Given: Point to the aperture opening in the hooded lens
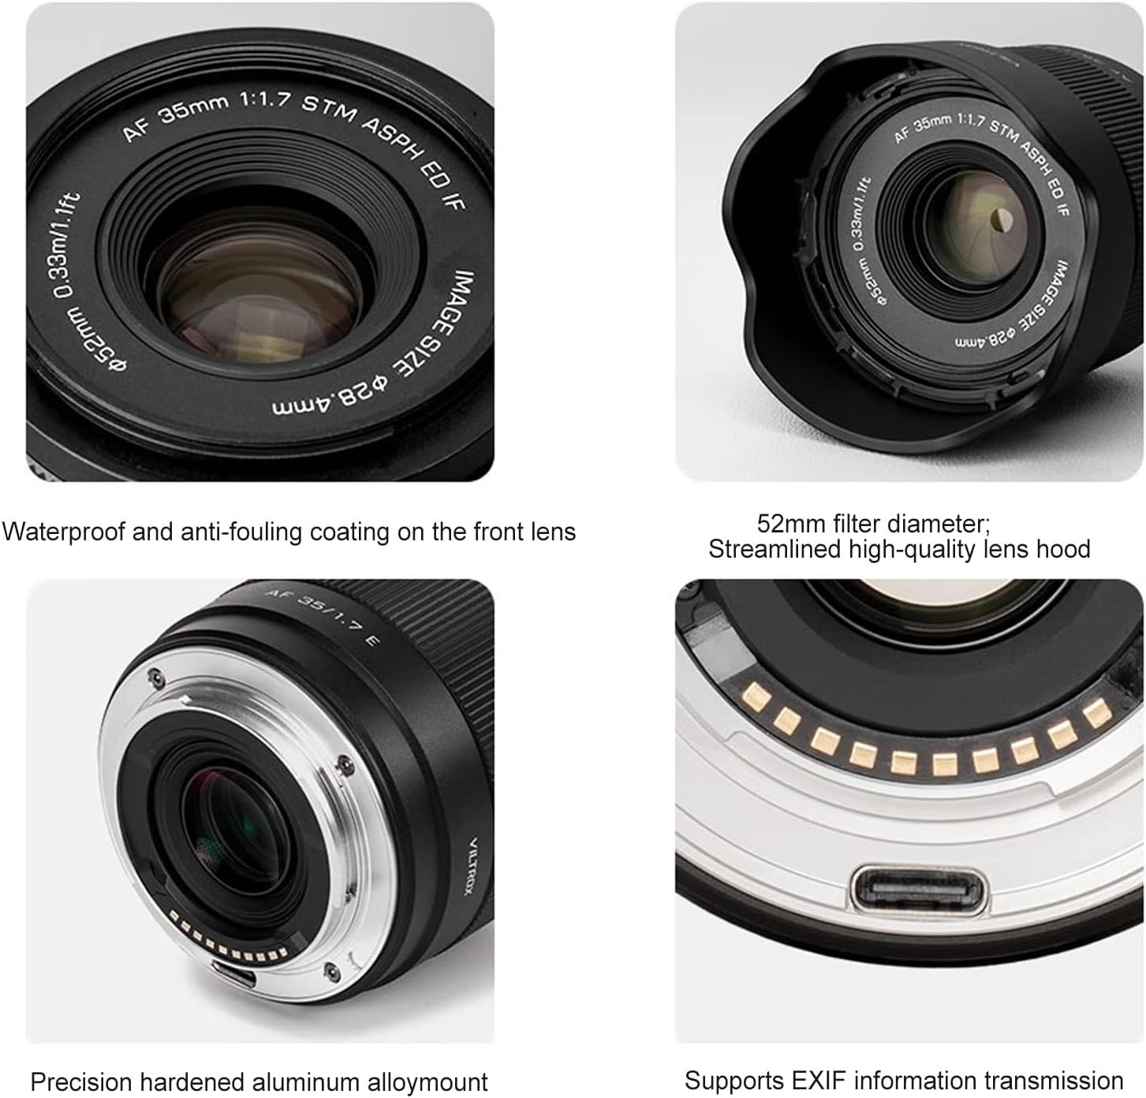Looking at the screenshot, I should [1000, 223].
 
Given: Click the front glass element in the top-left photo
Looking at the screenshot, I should [260, 292].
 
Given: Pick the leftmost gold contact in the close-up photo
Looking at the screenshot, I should [756, 696].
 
